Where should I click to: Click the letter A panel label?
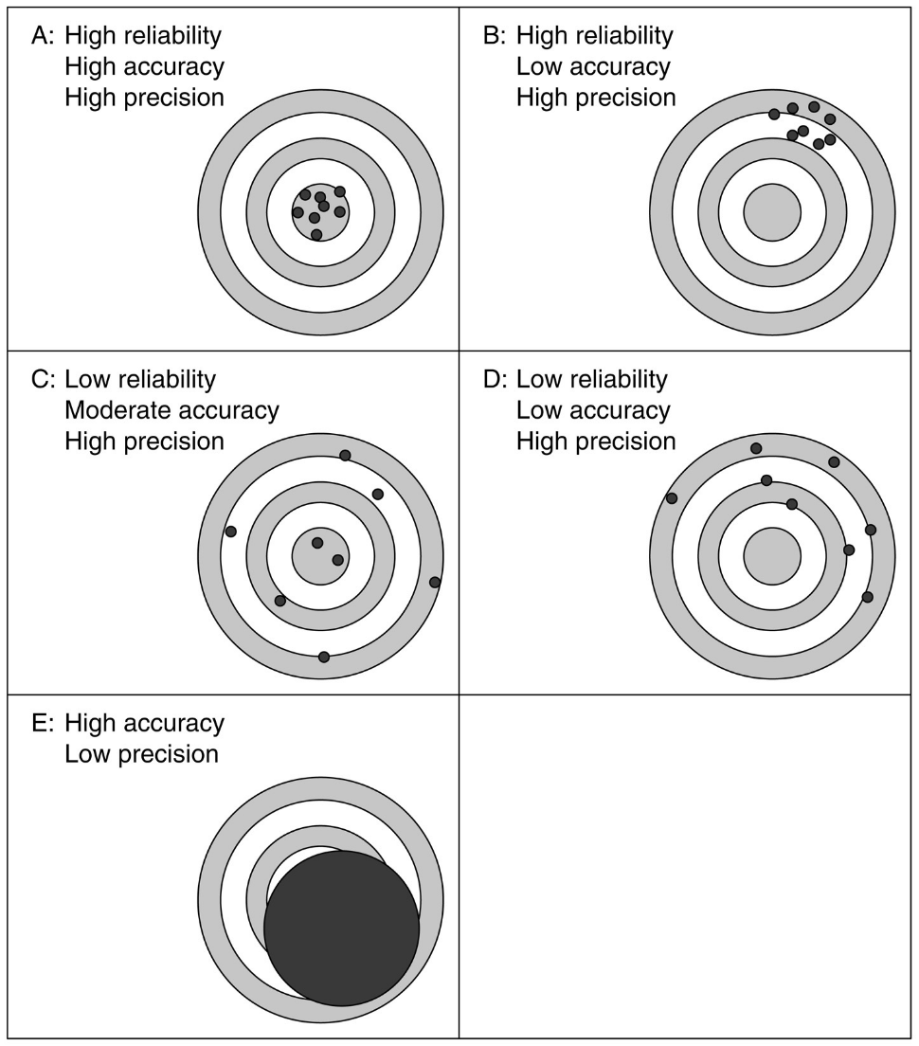[x=43, y=36]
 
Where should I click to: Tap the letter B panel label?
[x=494, y=36]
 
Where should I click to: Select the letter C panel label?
[x=43, y=380]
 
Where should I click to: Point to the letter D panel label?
[x=495, y=380]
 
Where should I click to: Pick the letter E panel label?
[x=43, y=724]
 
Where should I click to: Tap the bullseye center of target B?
[x=772, y=211]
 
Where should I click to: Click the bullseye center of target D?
[x=772, y=555]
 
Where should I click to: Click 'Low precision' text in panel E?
[x=141, y=754]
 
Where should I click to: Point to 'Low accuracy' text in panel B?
[x=593, y=67]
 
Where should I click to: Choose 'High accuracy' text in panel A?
[x=144, y=67]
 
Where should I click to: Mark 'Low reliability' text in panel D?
[x=592, y=380]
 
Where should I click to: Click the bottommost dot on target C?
[x=324, y=657]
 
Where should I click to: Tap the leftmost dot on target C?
[x=230, y=532]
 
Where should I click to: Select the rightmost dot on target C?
[x=435, y=582]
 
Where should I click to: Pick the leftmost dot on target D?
[x=672, y=498]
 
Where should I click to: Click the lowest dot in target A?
[x=316, y=234]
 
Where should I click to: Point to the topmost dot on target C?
[x=345, y=456]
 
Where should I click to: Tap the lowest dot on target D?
[x=867, y=597]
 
